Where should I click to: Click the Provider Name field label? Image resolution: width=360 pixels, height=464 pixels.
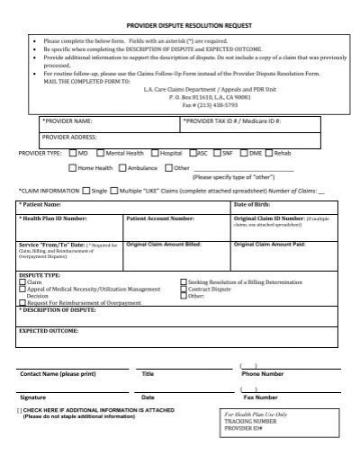(67, 120)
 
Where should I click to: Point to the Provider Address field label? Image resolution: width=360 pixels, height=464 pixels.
(71, 137)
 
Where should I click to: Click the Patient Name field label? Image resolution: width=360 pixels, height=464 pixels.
(44, 204)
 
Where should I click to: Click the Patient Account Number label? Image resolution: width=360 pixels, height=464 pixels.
(160, 219)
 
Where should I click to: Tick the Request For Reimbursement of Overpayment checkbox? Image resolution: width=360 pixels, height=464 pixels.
(22, 301)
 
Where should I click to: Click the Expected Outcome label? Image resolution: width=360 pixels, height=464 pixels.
(49, 331)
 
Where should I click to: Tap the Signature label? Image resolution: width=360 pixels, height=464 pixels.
(36, 396)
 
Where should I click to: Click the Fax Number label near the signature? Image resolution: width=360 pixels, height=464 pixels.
(260, 396)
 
